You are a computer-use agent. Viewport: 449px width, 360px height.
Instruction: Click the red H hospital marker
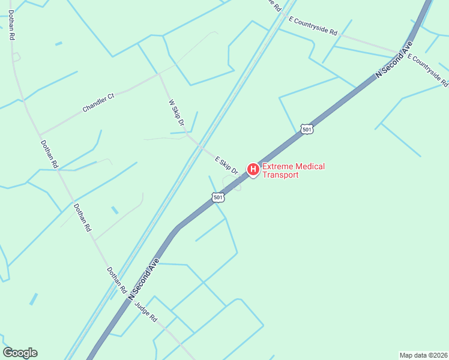tap(253, 170)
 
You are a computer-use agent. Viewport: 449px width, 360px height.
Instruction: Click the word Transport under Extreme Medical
tap(279, 175)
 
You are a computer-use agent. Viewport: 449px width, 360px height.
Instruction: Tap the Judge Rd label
tap(145, 311)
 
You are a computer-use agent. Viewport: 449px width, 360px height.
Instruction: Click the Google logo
tap(20, 353)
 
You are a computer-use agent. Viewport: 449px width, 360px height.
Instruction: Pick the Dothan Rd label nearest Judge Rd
tap(117, 280)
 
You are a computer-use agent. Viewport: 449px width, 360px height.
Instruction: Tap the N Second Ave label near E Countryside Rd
tap(394, 59)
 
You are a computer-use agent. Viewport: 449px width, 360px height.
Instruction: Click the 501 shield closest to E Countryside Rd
tap(307, 130)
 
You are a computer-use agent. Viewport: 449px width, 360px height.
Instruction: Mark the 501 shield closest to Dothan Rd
tap(218, 197)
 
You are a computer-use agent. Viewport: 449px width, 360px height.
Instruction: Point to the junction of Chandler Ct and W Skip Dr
tap(159, 74)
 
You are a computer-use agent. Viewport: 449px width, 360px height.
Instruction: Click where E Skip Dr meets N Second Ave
tap(243, 176)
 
